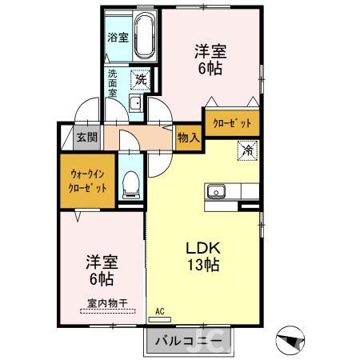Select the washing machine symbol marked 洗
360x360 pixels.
(140, 79)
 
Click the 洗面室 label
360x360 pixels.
(114, 82)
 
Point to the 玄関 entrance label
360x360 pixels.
(86, 138)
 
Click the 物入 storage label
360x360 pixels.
(188, 138)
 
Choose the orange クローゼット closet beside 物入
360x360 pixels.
(231, 122)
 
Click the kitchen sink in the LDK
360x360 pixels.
(217, 192)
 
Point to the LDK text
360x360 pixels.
(203, 246)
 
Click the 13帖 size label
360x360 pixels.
(203, 264)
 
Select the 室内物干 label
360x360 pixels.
(107, 302)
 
